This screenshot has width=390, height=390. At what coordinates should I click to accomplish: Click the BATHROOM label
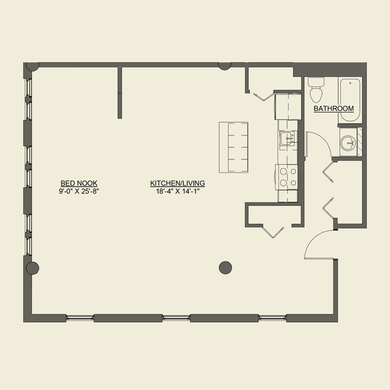coord(333,109)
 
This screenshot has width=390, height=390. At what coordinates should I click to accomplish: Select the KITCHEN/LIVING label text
coord(177,183)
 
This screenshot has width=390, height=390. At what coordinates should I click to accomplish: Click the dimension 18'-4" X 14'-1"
coord(177,191)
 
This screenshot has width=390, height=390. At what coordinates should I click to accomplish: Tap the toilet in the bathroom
coord(317,89)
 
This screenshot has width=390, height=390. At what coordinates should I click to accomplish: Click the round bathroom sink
coord(348,142)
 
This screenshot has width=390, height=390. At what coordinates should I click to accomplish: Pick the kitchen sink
coord(286,138)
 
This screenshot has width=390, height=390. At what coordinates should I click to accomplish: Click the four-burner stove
coord(287,177)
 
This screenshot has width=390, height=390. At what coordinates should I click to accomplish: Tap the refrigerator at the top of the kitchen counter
coord(286,106)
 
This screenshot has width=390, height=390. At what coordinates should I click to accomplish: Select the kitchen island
coord(235,147)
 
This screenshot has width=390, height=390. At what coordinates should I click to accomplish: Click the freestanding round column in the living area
coord(226,266)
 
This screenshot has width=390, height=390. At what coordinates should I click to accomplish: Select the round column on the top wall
coord(224,65)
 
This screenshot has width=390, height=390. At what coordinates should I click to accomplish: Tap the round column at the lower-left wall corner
coord(32,268)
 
